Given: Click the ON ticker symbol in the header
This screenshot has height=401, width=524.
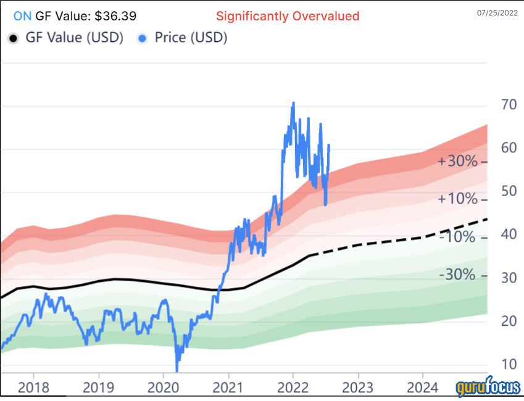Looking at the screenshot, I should pos(21,15).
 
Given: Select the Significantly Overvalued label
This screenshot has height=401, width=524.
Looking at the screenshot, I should pos(288,15).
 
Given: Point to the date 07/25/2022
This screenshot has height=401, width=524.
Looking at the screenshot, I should pos(498,12).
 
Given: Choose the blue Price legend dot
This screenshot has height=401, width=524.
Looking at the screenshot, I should pos(143,38).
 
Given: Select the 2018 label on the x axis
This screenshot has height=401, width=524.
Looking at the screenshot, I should pos(33,387).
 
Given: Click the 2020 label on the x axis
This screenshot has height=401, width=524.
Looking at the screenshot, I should pos(163,387).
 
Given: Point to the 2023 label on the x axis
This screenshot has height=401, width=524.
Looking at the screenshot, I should pos(357,387).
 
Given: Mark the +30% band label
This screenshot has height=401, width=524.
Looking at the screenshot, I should pos(457,162).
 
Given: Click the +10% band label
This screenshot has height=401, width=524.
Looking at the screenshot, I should pos(457,199).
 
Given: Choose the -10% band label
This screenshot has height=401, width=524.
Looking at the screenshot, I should pos(457,237).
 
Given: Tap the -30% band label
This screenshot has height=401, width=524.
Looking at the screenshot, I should pos(457,275).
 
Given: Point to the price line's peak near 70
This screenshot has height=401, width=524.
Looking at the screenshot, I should pos(293,103).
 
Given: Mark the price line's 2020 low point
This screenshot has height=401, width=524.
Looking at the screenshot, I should pos(177,370).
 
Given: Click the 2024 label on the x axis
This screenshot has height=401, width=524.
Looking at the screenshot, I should pos(422,387).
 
